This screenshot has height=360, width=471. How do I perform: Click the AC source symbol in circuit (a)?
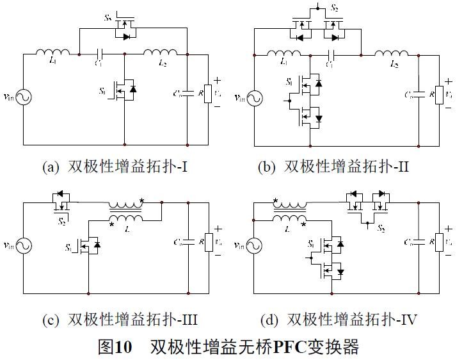tap(24, 97)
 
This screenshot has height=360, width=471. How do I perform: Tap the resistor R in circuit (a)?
tap(207, 93)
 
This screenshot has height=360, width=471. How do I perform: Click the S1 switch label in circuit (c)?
tap(68, 246)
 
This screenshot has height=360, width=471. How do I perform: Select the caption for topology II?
tap(333, 167)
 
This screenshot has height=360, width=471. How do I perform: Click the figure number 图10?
tap(115, 347)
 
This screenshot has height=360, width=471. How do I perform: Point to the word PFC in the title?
tap(291, 347)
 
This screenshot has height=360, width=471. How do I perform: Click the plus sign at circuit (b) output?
tap(449, 81)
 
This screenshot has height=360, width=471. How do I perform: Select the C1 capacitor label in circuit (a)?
tap(98, 63)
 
